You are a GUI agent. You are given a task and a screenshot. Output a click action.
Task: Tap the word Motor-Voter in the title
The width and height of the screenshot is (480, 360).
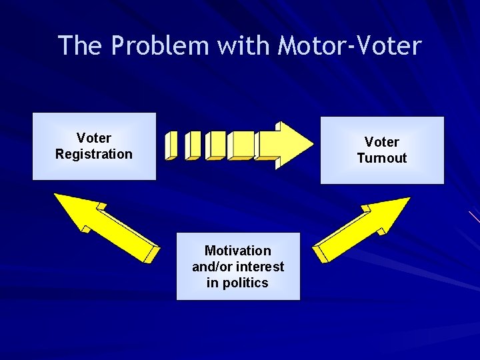tap(350, 45)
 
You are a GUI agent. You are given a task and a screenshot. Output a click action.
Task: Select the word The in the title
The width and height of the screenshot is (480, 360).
tap(81, 45)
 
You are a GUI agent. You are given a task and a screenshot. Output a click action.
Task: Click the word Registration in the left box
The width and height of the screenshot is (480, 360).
tap(94, 154)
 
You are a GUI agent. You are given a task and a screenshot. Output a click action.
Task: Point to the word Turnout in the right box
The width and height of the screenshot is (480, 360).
tap(382, 158)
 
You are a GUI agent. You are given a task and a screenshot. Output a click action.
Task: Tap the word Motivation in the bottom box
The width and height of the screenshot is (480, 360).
tap(238, 251)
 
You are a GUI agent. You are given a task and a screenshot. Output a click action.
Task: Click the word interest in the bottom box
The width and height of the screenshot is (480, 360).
tap(259, 267)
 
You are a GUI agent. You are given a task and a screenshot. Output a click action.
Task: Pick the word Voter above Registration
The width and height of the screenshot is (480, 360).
tap(94, 138)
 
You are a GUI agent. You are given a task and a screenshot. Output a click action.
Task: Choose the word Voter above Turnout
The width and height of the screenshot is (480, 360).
tap(382, 142)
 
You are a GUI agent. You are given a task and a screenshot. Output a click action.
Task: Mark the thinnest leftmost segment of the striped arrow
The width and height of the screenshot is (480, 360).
tap(171, 145)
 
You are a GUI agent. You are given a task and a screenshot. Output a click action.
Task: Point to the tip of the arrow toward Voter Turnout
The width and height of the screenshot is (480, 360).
tap(408, 199)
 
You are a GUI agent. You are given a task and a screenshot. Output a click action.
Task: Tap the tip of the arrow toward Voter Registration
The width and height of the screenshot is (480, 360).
tap(56, 195)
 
